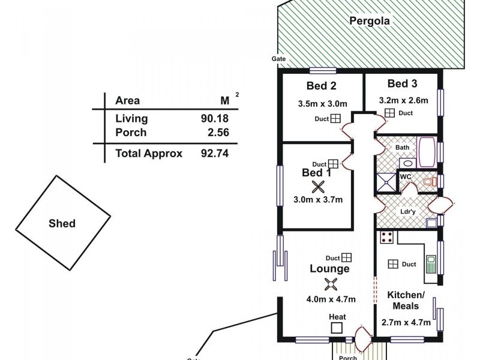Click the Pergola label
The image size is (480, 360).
point(370,21)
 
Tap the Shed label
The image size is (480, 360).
point(62,224)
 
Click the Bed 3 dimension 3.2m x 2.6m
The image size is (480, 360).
point(403,100)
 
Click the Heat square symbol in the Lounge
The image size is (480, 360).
point(337,328)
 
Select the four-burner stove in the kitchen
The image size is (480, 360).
point(387,237)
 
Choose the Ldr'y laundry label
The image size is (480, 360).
point(406,212)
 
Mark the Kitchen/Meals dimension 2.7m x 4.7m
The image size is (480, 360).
point(406,322)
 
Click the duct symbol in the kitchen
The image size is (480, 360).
point(393,264)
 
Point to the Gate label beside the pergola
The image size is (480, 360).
point(278,59)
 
